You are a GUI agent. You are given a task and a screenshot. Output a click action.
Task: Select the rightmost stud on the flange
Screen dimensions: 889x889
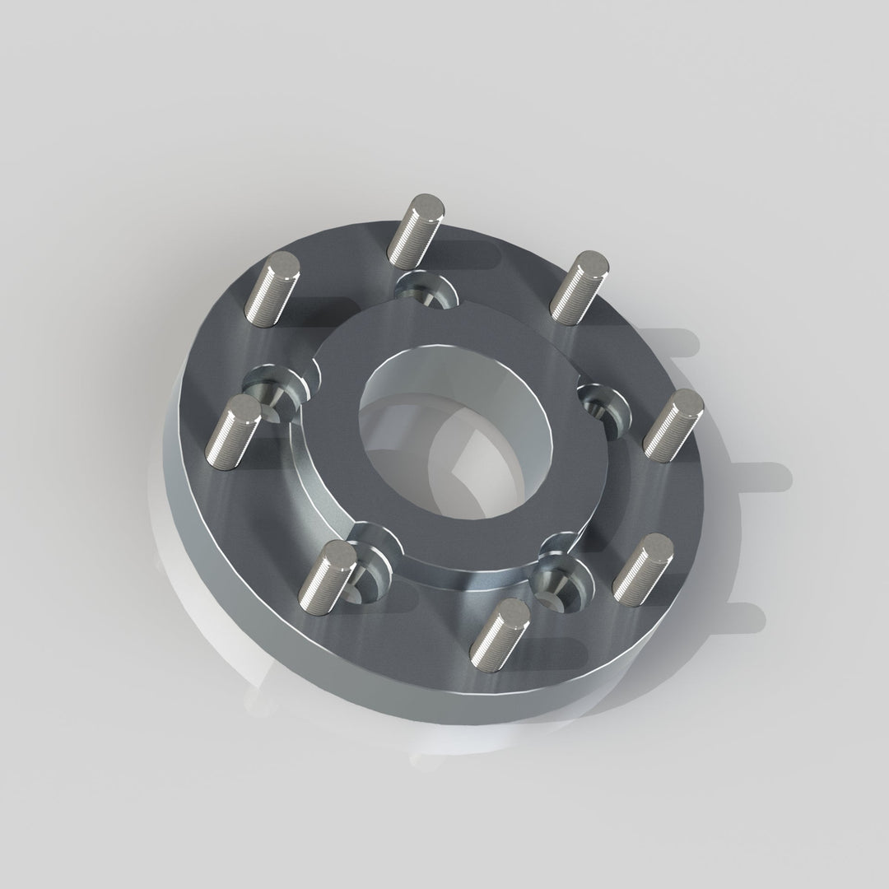(x=673, y=424)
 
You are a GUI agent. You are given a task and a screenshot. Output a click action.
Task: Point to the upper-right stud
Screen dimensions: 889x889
(x=579, y=286)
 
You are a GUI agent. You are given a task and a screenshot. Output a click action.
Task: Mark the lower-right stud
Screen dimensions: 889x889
(x=644, y=569)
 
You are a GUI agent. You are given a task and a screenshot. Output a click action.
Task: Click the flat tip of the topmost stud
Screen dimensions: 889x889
(x=427, y=204)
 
